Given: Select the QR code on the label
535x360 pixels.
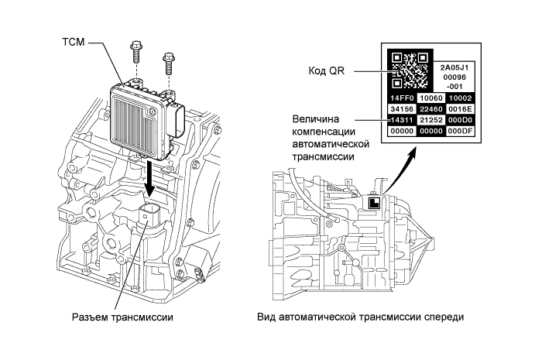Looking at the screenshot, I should (408, 70).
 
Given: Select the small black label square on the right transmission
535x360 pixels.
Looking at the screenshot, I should (372, 203).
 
